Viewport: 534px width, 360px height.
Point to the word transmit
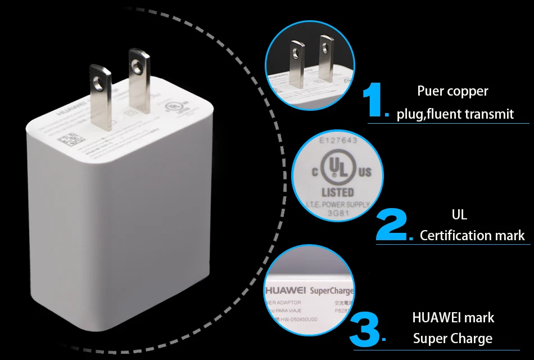[490, 114]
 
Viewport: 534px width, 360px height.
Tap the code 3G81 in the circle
[338, 213]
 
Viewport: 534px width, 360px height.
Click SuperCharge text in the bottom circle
[332, 291]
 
